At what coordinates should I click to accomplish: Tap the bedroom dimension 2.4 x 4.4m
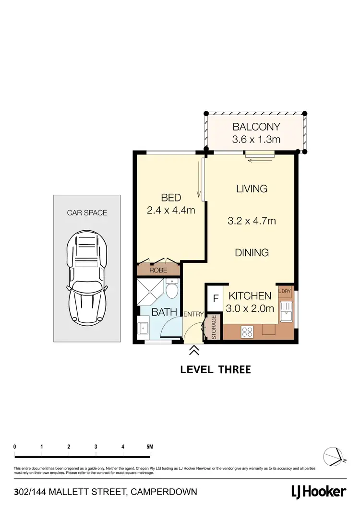coord(171,210)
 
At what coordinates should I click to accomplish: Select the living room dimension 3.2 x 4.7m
coord(252,221)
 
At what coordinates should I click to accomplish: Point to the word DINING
coord(252,252)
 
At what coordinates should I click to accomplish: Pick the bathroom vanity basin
coord(143,329)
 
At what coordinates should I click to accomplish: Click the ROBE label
coord(158,270)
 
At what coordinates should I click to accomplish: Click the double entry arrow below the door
coord(194,351)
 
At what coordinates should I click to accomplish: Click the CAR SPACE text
coord(87,212)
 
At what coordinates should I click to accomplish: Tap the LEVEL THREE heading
coord(215,369)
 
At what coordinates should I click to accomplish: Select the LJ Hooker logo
coord(319,492)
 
